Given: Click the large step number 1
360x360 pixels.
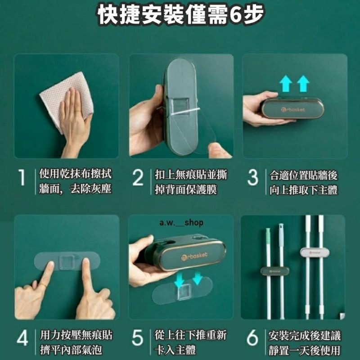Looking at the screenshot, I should click(x=22, y=181).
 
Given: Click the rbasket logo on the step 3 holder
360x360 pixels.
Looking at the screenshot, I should click(x=293, y=109).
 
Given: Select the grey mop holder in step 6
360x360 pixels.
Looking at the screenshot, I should click(x=315, y=252).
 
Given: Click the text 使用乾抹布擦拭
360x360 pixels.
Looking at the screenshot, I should click(x=76, y=174).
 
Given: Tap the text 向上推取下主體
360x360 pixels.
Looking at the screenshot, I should click(x=304, y=189).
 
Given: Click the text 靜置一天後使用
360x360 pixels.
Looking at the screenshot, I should click(x=304, y=350).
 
